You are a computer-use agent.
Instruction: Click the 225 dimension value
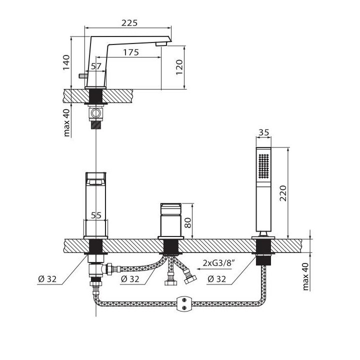[x=129, y=23]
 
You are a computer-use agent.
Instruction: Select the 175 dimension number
[x=131, y=52]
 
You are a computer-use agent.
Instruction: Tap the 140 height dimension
[x=66, y=62]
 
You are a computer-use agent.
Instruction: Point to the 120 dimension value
[x=179, y=67]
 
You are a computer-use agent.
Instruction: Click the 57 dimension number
[x=96, y=66]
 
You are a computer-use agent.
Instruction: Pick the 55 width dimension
[x=96, y=215]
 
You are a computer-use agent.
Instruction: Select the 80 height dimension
[x=188, y=222]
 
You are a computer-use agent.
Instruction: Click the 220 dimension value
[x=283, y=193]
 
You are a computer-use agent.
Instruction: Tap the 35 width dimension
[x=263, y=132]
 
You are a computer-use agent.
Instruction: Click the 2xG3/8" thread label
[x=219, y=263]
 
